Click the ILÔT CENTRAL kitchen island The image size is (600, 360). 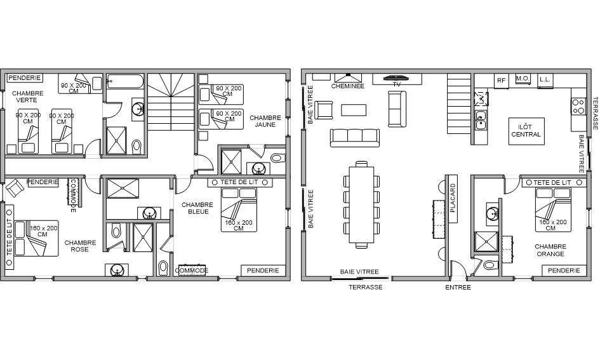tap(526, 131)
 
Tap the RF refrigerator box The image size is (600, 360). tap(502, 81)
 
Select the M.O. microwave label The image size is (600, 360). tap(523, 79)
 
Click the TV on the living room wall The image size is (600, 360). tap(397, 77)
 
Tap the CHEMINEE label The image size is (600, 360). tap(347, 86)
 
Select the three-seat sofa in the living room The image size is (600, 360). tap(355, 138)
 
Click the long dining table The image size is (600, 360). tap(362, 204)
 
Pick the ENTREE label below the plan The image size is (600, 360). tap(458, 288)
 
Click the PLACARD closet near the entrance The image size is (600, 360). tap(453, 199)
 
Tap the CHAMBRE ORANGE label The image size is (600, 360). tap(550, 250)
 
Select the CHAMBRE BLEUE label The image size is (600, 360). tap(198, 208)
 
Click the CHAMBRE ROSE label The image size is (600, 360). tap(80, 246)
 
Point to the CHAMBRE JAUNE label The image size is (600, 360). tap(265, 121)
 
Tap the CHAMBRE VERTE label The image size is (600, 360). tap(27, 97)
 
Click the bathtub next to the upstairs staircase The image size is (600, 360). tap(125, 81)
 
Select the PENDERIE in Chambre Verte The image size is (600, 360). tap(25, 78)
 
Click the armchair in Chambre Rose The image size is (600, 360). tap(14, 188)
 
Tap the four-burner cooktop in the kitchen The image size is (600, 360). tap(578, 107)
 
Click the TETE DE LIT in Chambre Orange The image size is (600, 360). tap(552, 183)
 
